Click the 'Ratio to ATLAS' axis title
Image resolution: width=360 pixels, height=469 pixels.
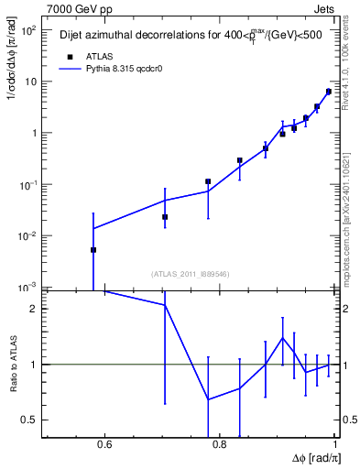pos(12,365)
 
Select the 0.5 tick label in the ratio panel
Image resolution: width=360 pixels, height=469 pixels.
pos(29,420)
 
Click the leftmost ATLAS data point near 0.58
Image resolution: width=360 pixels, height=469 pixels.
pos(93,249)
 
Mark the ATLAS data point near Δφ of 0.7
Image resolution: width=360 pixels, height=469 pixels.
pos(165,217)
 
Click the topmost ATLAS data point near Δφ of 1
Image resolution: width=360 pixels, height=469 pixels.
pos(328,92)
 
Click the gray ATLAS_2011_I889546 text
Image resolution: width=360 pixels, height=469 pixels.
pos(189,273)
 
